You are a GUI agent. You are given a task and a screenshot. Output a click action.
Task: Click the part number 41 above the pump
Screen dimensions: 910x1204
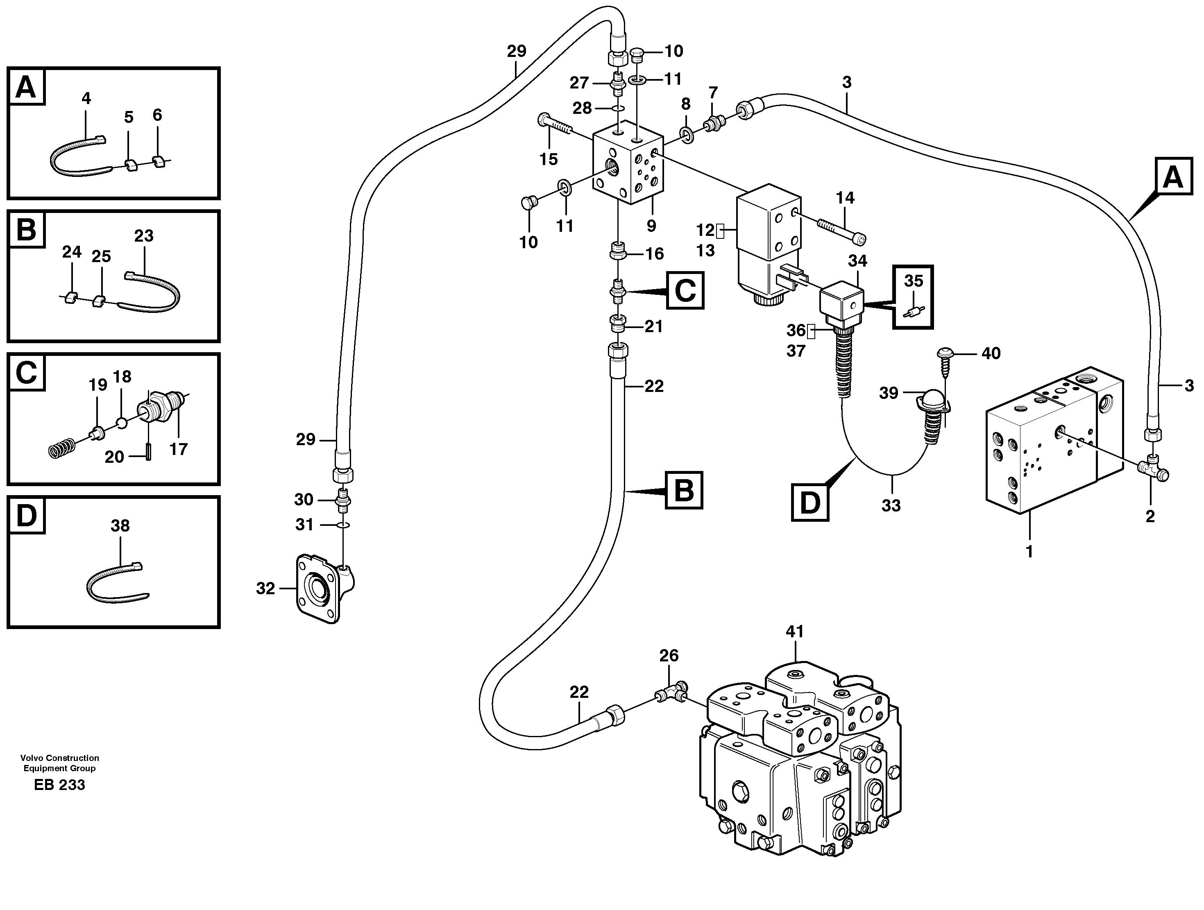coord(795,632)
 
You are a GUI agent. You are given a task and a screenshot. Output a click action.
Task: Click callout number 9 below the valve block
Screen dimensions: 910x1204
coord(651,225)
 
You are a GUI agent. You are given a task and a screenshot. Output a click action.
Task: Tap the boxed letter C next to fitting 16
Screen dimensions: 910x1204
coord(684,291)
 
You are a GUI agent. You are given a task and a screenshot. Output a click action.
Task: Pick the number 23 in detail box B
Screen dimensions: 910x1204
coord(144,236)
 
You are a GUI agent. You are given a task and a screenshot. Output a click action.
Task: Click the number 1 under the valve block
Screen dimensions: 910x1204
coord(1029,552)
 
